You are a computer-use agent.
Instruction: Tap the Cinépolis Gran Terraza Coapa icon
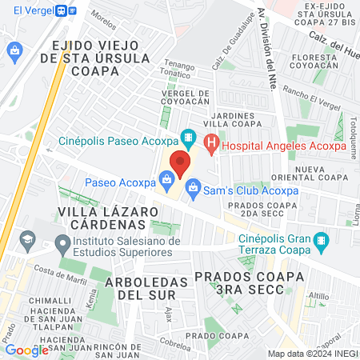[x=321, y=240]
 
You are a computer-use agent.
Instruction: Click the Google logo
[x=26, y=350]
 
